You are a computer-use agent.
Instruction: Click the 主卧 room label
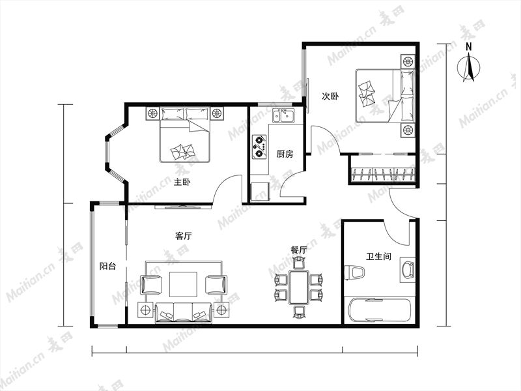(182, 182)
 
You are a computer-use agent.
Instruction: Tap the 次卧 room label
(330, 96)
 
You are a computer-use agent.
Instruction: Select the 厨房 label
(285, 154)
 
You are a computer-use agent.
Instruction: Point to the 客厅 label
(184, 236)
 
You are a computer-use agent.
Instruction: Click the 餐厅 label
(298, 250)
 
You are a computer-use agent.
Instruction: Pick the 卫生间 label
(378, 256)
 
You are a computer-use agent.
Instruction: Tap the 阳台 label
(107, 266)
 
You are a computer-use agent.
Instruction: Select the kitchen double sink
(283, 116)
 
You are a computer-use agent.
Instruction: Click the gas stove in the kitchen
(259, 147)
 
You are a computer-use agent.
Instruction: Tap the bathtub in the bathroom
(380, 310)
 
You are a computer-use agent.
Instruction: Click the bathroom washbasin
(408, 269)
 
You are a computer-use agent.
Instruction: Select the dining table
(299, 287)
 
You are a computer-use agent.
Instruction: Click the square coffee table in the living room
(183, 284)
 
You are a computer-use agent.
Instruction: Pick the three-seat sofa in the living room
(184, 313)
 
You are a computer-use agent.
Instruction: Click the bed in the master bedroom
(185, 135)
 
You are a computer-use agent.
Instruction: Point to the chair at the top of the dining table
(299, 263)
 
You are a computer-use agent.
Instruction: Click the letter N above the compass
(468, 47)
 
